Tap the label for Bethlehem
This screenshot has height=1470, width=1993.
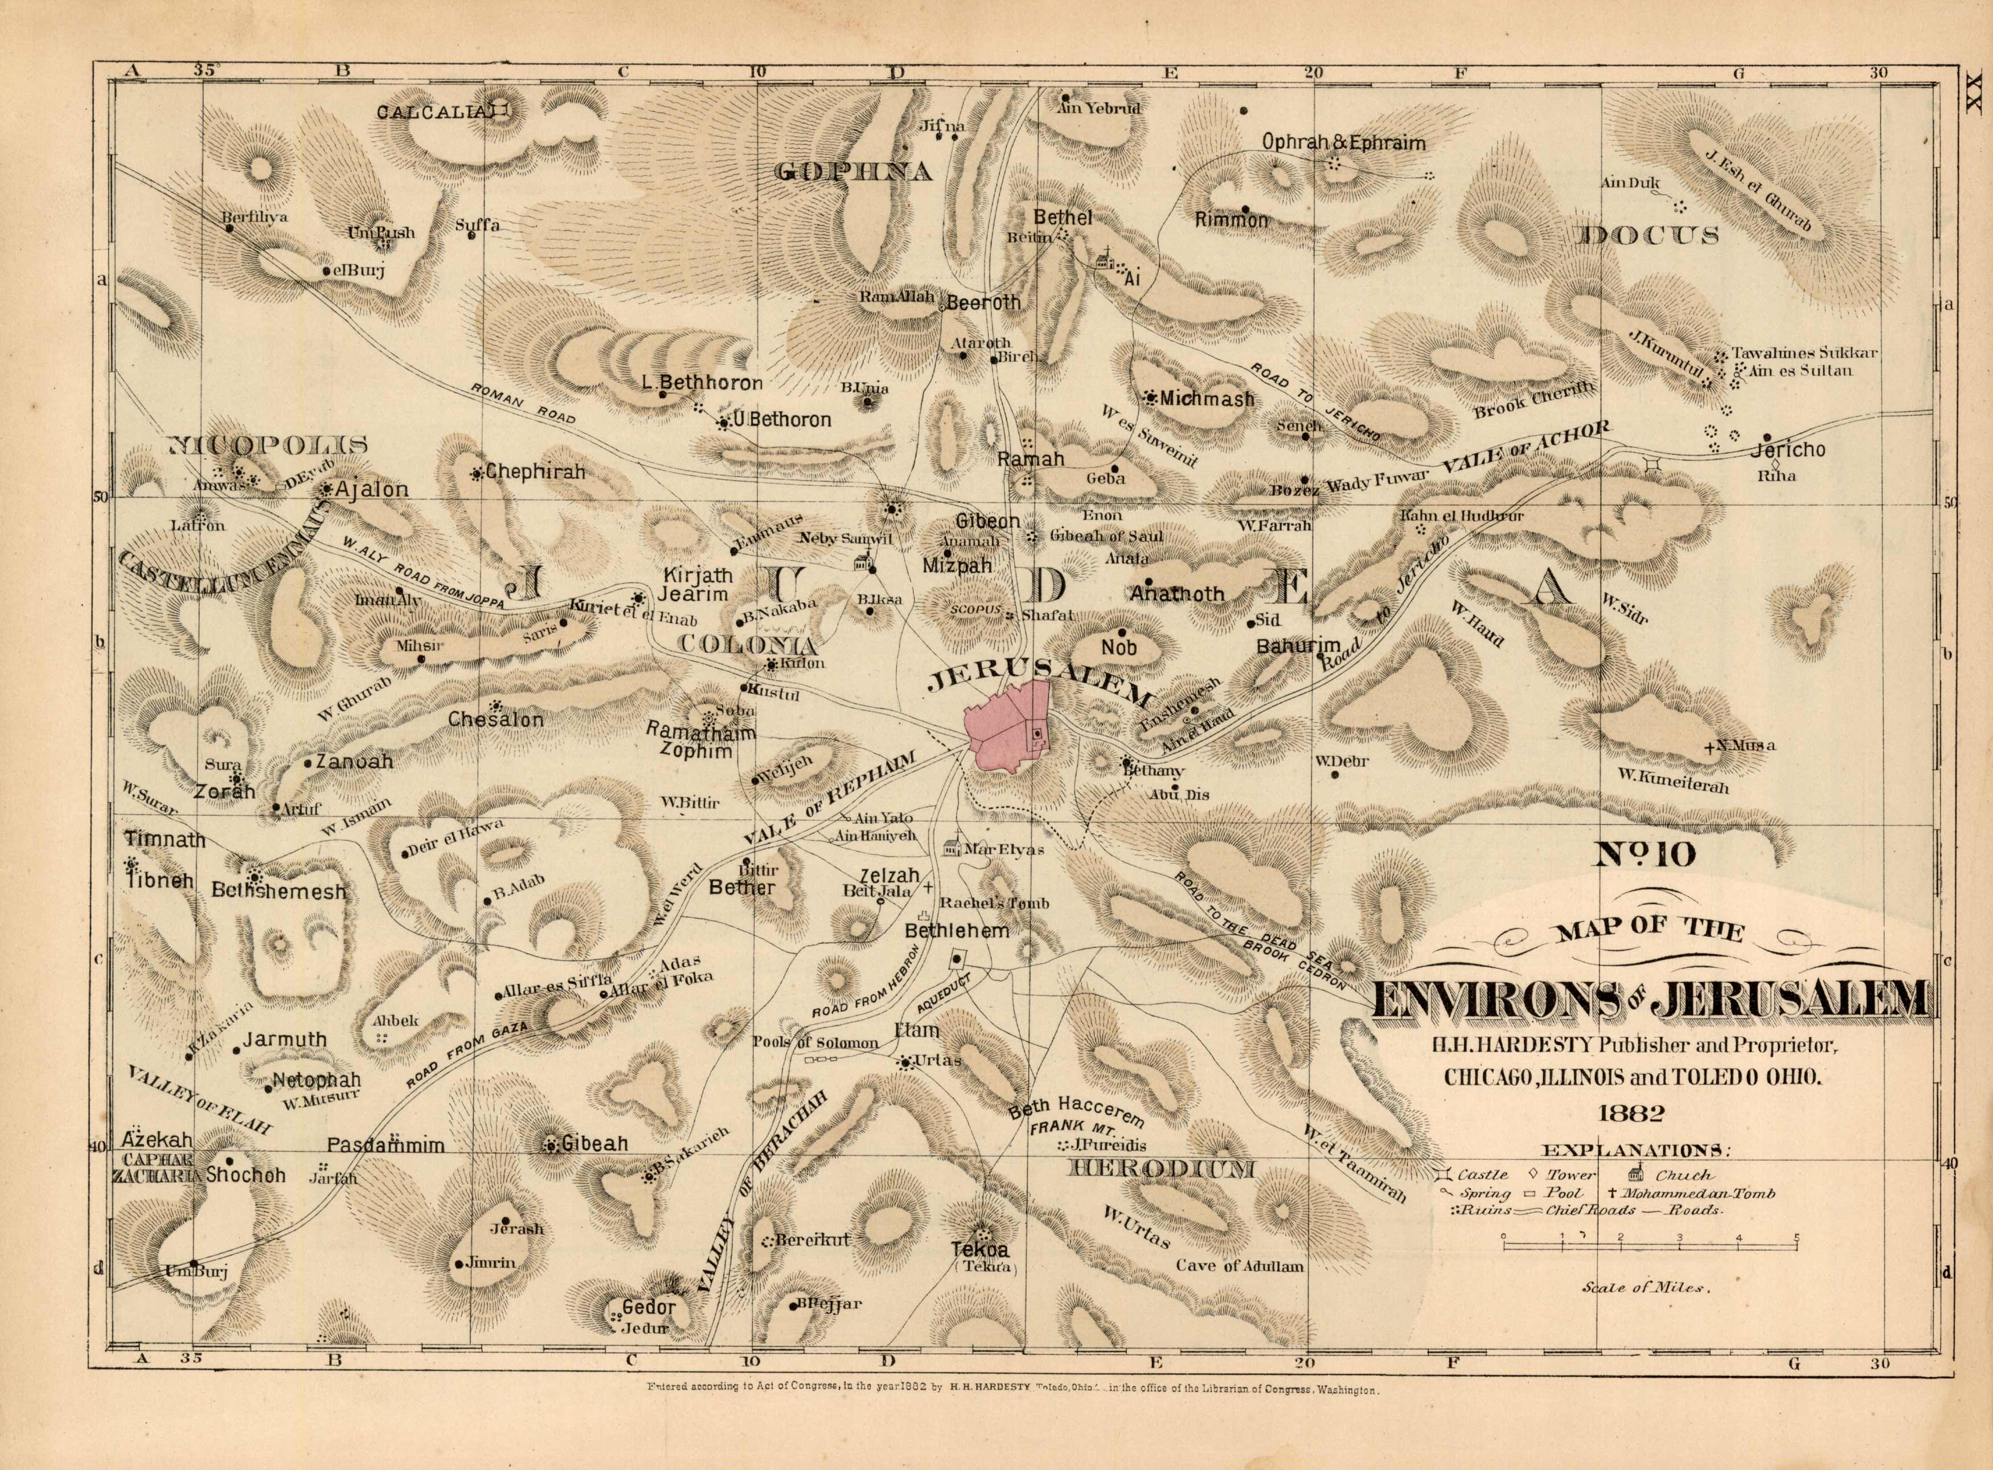957,931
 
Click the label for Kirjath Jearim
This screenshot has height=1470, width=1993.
695,585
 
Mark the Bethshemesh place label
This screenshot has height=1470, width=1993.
278,891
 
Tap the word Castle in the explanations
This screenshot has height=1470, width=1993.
1482,1176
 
